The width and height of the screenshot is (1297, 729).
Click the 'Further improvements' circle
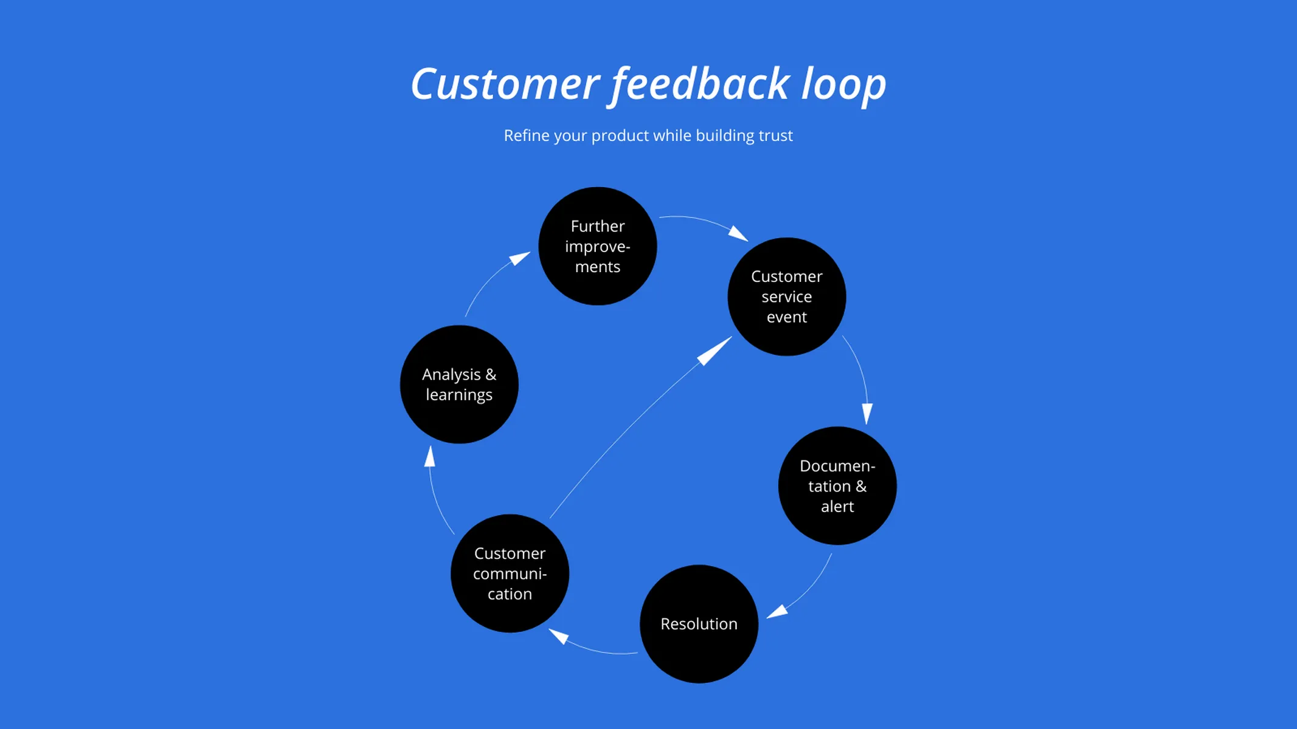[x=597, y=246]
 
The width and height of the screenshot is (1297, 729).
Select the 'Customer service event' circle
[x=786, y=296]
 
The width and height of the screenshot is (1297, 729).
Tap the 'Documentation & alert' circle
[x=837, y=485]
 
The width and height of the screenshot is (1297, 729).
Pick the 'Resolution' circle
[x=699, y=624]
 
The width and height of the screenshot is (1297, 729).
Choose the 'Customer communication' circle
[x=510, y=573]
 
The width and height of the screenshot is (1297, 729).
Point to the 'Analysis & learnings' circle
[x=459, y=384]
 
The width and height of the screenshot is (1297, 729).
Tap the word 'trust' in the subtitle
[x=776, y=135]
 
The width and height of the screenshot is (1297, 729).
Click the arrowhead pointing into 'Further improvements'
[x=520, y=258]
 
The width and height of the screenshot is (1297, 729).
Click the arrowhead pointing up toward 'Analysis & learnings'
[x=430, y=457]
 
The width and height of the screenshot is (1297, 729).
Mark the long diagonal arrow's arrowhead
[x=714, y=351]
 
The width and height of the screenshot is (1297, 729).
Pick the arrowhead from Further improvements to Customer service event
[x=738, y=233]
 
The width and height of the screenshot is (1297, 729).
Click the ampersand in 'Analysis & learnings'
[x=491, y=375]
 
